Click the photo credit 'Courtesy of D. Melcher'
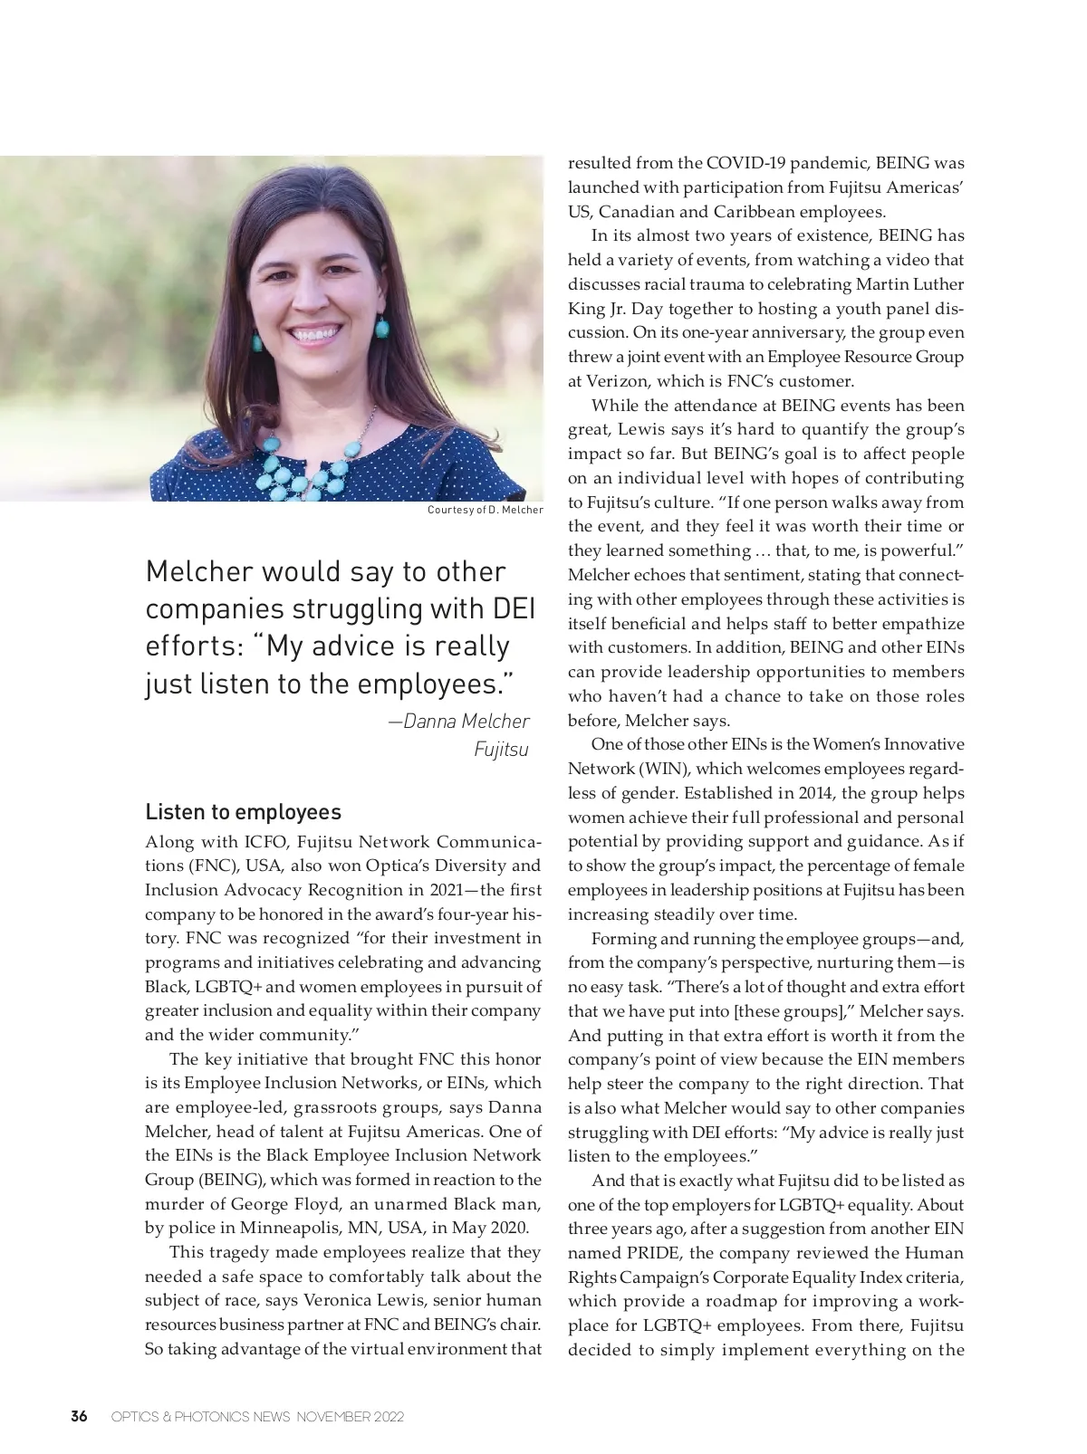485,510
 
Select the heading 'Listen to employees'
243,811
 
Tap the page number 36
80,1416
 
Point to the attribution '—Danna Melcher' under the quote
458,721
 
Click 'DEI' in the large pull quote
514,608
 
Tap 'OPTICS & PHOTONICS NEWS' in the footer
199,1417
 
